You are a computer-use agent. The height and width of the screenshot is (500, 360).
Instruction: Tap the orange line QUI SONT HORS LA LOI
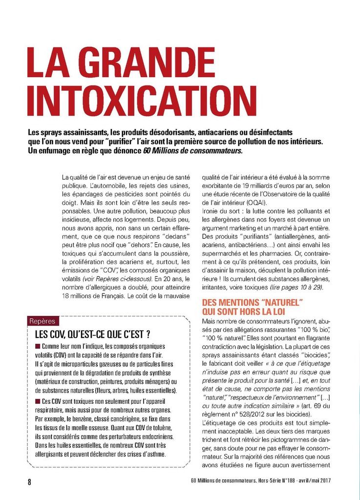(x=244, y=311)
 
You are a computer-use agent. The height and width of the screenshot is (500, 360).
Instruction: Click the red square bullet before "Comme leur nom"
(x=38, y=346)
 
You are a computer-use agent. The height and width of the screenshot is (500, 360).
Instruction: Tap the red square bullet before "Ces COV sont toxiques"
(x=38, y=401)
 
